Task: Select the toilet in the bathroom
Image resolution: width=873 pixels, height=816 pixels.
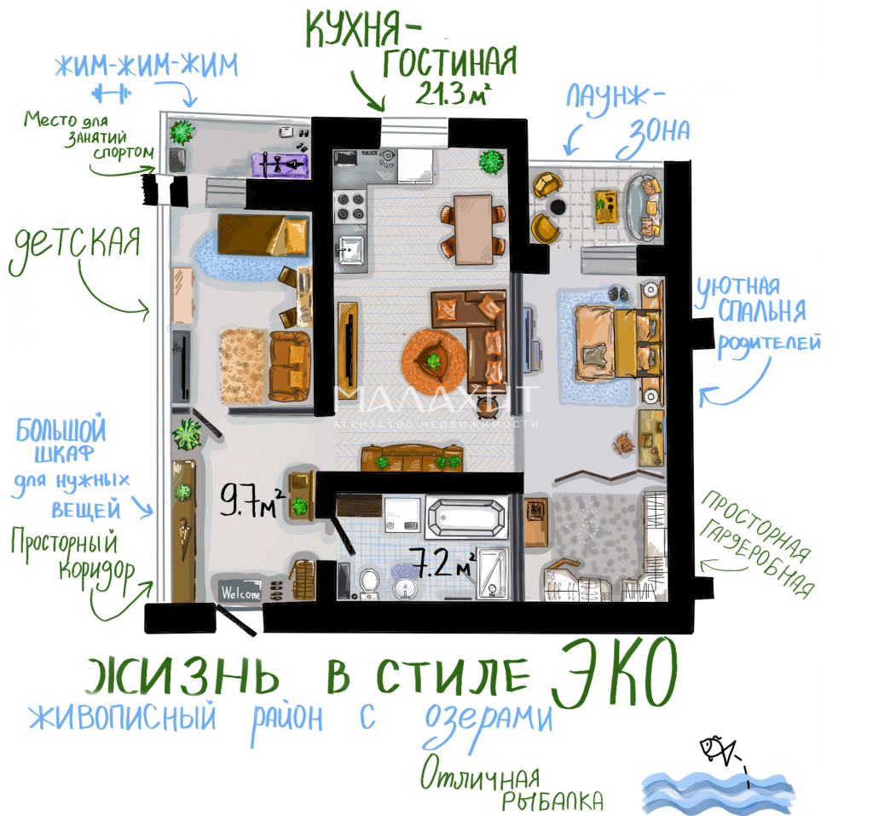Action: point(368,582)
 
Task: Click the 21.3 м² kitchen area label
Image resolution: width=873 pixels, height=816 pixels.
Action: point(453,93)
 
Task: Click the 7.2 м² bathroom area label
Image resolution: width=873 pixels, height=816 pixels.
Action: point(443,563)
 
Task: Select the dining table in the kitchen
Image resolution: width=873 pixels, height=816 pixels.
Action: point(473,229)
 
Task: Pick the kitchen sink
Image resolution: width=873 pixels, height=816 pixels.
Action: point(350,250)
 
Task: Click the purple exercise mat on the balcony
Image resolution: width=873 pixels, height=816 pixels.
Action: point(280,165)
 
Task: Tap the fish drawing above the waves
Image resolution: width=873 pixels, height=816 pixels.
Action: point(718,750)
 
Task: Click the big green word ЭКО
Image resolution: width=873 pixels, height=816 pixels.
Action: point(615,673)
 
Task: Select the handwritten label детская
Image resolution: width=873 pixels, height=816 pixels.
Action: point(75,246)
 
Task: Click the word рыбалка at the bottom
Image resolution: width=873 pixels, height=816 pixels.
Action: point(552,801)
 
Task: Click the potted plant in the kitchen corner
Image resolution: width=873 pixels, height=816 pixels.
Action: point(492,161)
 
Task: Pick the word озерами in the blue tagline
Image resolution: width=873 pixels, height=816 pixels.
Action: point(488,721)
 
